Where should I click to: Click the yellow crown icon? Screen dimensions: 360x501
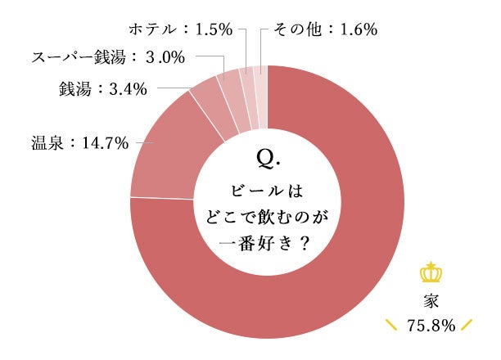[430, 272]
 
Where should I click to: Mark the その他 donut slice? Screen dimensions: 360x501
[260, 85]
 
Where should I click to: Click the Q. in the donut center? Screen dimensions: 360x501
[267, 155]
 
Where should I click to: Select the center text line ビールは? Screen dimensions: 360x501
[267, 191]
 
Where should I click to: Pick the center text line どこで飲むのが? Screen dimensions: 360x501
[267, 217]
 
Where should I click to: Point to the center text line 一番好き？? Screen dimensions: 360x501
[267, 243]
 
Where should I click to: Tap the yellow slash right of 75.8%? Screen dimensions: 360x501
[467, 326]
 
